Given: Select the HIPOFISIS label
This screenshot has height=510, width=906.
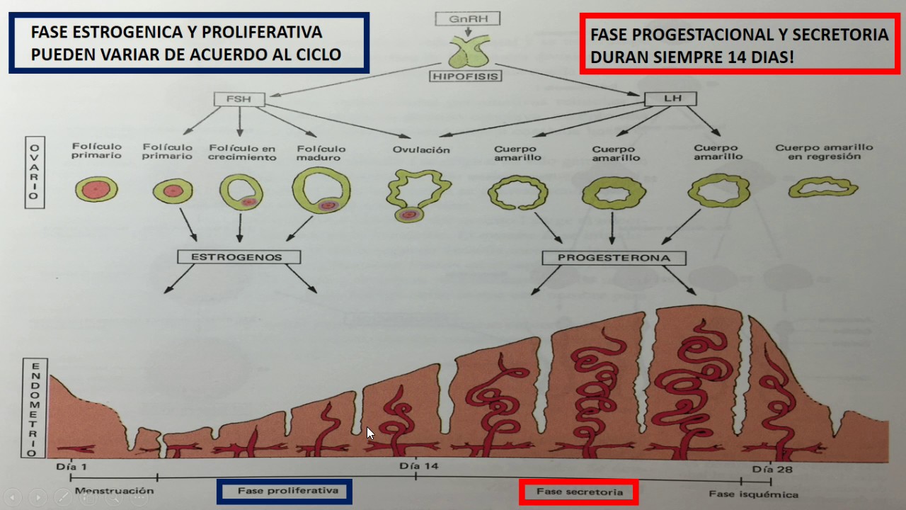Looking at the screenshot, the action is [x=465, y=76].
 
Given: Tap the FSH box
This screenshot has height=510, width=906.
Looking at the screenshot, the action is [x=240, y=98].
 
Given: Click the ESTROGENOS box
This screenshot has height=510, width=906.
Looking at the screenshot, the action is [x=240, y=257].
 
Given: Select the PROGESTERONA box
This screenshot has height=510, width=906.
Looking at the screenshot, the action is [x=614, y=258].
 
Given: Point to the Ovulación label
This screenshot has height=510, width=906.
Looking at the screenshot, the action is [x=421, y=149].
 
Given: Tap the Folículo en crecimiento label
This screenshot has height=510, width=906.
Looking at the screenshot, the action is [x=242, y=152].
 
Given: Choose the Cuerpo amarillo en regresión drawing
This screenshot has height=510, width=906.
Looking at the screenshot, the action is [x=823, y=188].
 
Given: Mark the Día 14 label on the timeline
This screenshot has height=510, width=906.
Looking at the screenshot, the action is [x=418, y=466].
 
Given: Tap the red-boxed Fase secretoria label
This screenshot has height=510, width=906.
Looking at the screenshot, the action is [x=579, y=492].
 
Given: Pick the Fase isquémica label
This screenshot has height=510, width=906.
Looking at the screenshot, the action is [x=753, y=494].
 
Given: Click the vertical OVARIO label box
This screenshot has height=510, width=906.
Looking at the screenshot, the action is [x=34, y=172].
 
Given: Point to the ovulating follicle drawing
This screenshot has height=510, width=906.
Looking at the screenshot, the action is [x=418, y=195].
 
